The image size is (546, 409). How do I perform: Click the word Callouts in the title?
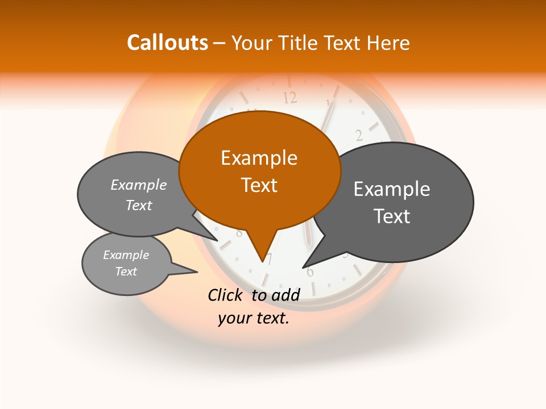pos(167,43)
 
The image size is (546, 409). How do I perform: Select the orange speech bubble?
pos(259,170)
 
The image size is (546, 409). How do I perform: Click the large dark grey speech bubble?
pos(398,202)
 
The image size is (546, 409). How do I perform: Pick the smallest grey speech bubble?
pos(126,264)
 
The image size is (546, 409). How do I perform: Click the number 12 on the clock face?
pos(290,98)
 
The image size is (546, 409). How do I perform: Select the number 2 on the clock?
pos(359,135)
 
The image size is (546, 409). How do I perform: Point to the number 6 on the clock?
pos(310,272)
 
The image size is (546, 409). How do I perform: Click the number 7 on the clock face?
pos(270,259)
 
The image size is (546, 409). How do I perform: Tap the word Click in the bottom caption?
pos(226,294)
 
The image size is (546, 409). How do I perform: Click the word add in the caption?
pos(286,294)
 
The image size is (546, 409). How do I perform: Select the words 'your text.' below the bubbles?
pos(254,318)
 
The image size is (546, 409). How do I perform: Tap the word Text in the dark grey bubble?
pos(392,216)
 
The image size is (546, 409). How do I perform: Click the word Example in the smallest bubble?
pos(126,255)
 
